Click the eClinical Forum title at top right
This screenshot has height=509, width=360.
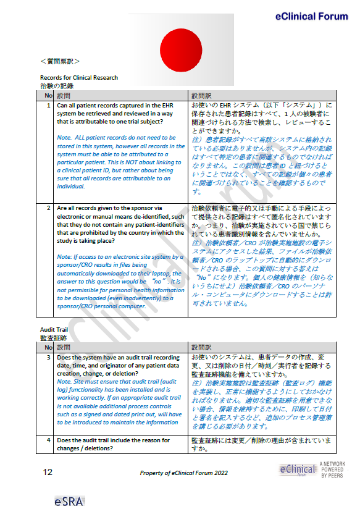pyautogui.click(x=312, y=17)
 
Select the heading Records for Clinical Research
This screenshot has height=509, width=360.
pyautogui.click(x=78, y=78)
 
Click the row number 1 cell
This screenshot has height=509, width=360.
pyautogui.click(x=48, y=106)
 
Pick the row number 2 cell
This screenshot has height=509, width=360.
pyautogui.click(x=48, y=208)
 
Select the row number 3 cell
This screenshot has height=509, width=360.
pyautogui.click(x=48, y=358)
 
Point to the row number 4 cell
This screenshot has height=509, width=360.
pyautogui.click(x=48, y=440)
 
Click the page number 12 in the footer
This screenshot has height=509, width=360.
pyautogui.click(x=48, y=473)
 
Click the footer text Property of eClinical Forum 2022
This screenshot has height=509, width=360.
pyautogui.click(x=184, y=473)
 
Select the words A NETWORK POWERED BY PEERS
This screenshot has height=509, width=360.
pyautogui.click(x=332, y=471)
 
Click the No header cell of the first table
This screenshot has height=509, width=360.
pyautogui.click(x=48, y=96)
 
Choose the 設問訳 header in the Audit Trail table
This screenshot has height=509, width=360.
pyautogui.click(x=201, y=348)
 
